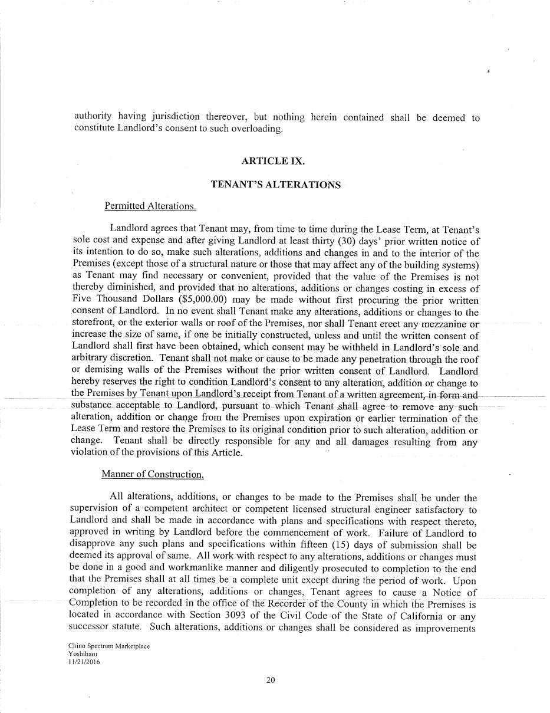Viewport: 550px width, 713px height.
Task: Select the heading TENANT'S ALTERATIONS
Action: [x=275, y=185]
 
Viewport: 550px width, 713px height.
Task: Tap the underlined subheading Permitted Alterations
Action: [x=150, y=206]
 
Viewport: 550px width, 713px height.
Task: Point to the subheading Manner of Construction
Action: [x=152, y=474]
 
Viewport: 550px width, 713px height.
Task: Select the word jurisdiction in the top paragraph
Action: [x=174, y=117]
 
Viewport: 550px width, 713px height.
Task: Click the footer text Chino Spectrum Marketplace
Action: [x=109, y=646]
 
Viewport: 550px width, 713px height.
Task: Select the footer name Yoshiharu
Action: [x=83, y=654]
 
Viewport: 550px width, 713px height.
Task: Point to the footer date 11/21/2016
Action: [x=85, y=662]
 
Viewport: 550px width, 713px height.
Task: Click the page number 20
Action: [x=271, y=680]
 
